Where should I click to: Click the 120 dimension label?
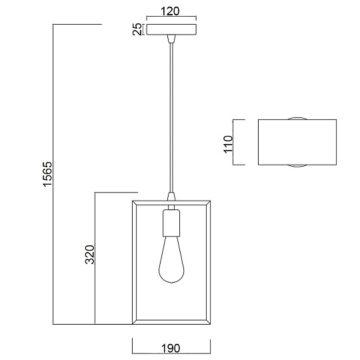click(170, 11)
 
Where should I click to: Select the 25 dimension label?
click(137, 29)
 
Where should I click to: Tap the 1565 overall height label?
click(48, 174)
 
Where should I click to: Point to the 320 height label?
click(90, 255)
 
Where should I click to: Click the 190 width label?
click(171, 349)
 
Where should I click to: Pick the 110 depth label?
click(228, 144)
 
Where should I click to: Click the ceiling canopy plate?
click(171, 29)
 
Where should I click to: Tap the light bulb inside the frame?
click(171, 260)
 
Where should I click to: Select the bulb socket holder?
click(171, 223)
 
